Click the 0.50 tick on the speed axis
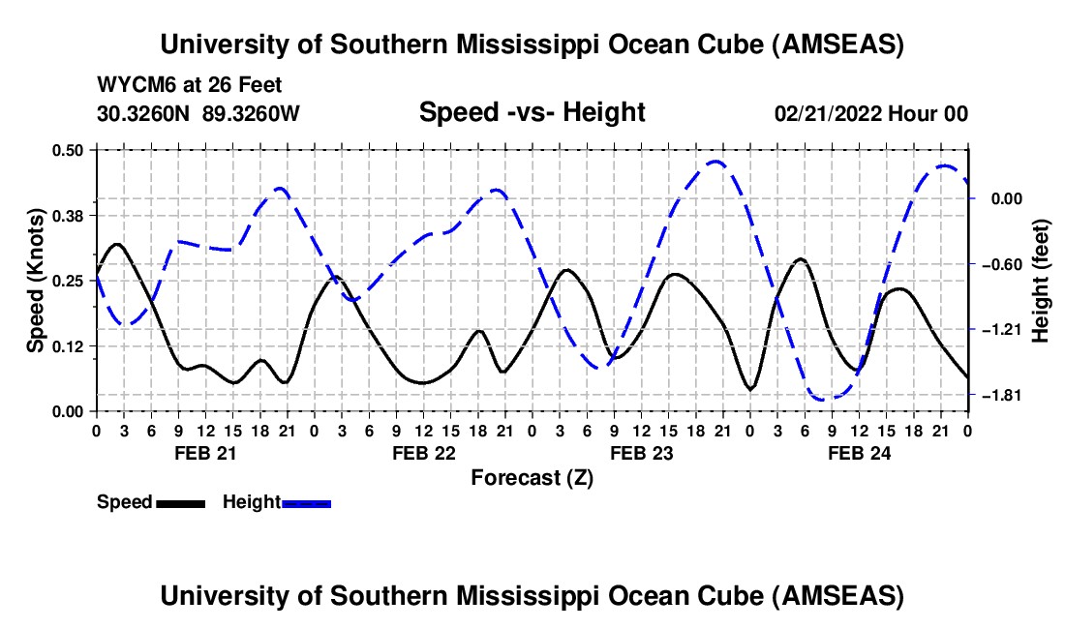tap(74, 149)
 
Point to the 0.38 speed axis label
tap(74, 215)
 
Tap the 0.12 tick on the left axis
tap(74, 345)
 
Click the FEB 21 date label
tap(204, 453)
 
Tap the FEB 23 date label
tap(641, 453)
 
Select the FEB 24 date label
tap(859, 453)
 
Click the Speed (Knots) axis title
tap(35, 280)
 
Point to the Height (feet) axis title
tap(1041, 280)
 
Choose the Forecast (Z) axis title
tap(532, 477)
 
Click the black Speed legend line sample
tap(180, 502)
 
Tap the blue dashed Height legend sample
tap(306, 502)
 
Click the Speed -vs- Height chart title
tap(532, 113)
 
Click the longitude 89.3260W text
tap(251, 113)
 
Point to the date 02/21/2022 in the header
tap(829, 113)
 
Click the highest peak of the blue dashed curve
tap(715, 162)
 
